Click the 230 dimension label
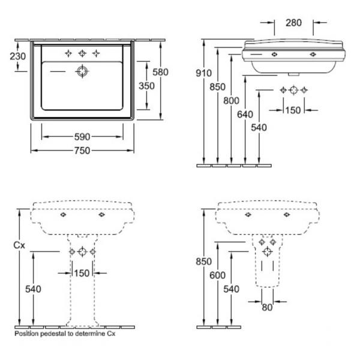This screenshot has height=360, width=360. [x=17, y=56]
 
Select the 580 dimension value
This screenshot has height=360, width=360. [x=160, y=72]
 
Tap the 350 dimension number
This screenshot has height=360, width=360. [x=146, y=86]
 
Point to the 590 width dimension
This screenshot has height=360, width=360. [x=82, y=137]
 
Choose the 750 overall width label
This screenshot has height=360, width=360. [x=82, y=151]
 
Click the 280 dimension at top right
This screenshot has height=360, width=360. [x=293, y=23]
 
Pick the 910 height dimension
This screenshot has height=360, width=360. [x=203, y=73]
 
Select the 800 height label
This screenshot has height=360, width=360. [x=231, y=101]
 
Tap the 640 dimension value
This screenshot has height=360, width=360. [x=245, y=115]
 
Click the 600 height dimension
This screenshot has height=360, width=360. [x=217, y=275]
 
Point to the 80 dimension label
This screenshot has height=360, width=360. [x=267, y=307]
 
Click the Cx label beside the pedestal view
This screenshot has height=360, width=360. [x=19, y=245]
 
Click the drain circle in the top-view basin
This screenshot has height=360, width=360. [x=82, y=71]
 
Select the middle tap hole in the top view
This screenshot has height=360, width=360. [x=82, y=53]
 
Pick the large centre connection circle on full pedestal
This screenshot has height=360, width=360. [x=82, y=251]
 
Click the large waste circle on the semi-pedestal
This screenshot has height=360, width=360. [x=267, y=251]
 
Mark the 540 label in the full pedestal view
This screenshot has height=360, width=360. [x=33, y=289]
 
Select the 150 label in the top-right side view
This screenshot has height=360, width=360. [x=293, y=110]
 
